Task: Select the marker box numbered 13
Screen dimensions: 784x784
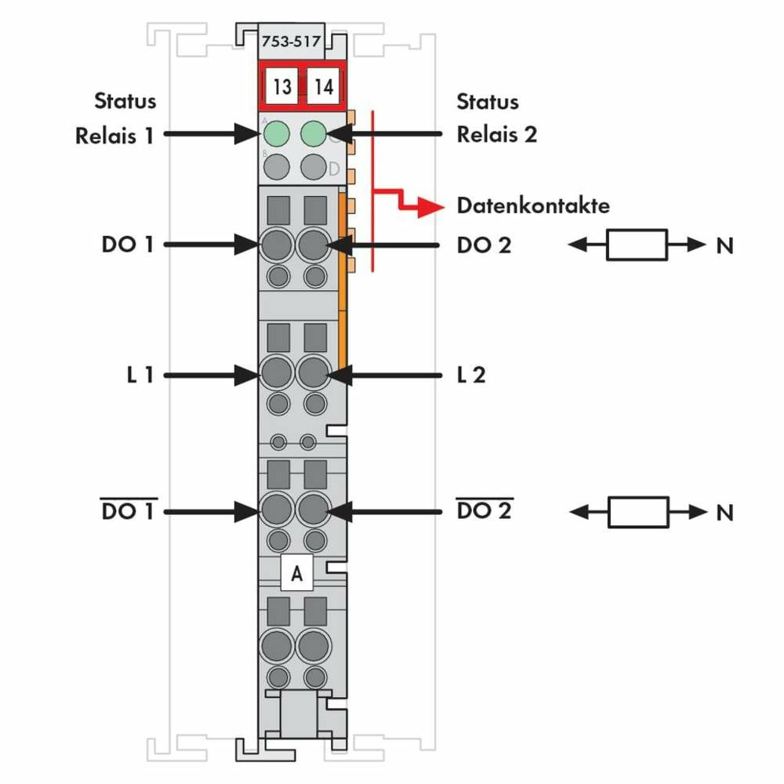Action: coord(282,86)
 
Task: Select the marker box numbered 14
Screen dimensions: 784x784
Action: coord(323,86)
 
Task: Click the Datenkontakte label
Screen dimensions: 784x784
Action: coord(533,206)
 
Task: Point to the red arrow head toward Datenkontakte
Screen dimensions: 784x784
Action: coord(428,207)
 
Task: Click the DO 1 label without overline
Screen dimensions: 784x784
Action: coord(129,245)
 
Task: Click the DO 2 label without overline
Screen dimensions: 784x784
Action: coord(484,245)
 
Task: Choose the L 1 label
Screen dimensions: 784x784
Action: coord(138,375)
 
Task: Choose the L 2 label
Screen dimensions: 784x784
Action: coord(471,375)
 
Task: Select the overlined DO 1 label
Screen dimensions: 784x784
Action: coord(129,511)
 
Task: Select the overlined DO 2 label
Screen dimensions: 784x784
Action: coord(484,511)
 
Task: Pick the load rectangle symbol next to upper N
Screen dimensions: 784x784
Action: coord(637,245)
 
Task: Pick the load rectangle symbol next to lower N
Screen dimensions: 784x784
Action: coord(637,512)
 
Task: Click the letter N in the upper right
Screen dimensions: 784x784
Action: coord(724,245)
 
